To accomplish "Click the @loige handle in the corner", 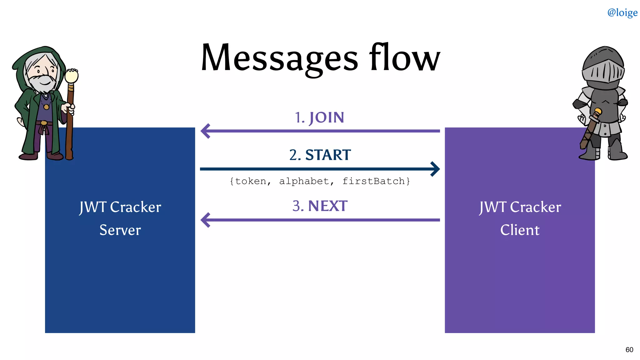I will tap(622, 12).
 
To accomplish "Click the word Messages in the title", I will tap(279, 58).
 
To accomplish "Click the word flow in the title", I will tap(404, 57).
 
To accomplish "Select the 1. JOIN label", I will tap(319, 118).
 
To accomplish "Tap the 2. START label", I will tap(320, 155).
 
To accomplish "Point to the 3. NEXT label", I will tap(320, 206).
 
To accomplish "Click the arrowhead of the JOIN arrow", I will tap(205, 131).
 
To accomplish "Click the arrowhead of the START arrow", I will tap(435, 169).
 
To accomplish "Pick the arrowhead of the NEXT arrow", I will tap(205, 220).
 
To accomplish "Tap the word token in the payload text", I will tap(251, 181).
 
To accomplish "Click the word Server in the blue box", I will tap(120, 230).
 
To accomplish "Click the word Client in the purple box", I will tap(520, 230).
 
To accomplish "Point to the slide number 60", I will tap(629, 350).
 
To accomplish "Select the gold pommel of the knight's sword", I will tap(598, 111).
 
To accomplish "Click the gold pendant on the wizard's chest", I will tap(46, 107).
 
